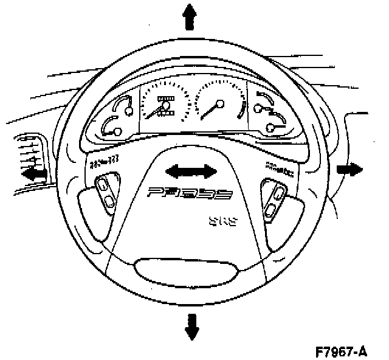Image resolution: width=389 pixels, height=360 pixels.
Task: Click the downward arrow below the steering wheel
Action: pyautogui.click(x=192, y=327)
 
